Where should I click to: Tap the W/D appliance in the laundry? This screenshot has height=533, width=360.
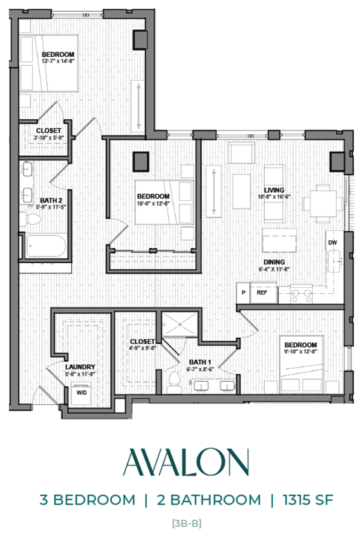(x=80, y=391)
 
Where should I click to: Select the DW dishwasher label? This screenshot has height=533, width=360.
(x=331, y=244)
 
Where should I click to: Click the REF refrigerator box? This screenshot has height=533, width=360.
(x=262, y=293)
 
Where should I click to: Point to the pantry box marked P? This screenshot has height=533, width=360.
(x=243, y=293)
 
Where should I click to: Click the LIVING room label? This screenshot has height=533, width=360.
(x=274, y=190)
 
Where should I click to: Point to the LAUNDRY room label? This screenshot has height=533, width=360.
(x=79, y=366)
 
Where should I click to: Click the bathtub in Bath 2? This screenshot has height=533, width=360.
(x=45, y=246)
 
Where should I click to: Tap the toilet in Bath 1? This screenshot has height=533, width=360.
(x=174, y=379)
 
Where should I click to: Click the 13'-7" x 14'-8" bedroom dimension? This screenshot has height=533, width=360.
(x=57, y=62)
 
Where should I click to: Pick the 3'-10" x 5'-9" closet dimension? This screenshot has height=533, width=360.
(x=49, y=138)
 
